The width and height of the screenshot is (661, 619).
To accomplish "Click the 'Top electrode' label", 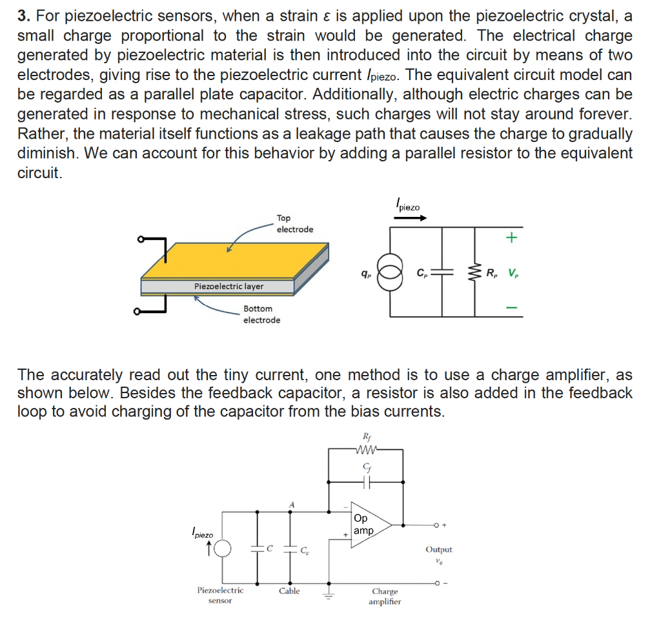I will [x=294, y=224].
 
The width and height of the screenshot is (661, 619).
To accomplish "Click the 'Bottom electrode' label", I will [x=261, y=314].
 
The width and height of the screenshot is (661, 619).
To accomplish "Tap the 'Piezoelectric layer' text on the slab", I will [x=229, y=286].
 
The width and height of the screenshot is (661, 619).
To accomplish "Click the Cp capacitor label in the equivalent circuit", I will [x=423, y=272].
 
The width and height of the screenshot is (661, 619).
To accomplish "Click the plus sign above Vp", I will [x=511, y=238].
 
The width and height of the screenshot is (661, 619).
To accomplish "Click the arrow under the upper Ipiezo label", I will [x=411, y=219].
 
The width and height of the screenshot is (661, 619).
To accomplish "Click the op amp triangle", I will [x=369, y=524].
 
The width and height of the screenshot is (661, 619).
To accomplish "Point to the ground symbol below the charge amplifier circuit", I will [x=330, y=592].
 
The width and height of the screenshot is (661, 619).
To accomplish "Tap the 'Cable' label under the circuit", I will [x=289, y=591].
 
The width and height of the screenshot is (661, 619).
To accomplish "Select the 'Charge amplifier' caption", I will [x=385, y=596].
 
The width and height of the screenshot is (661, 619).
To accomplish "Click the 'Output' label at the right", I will [x=438, y=549].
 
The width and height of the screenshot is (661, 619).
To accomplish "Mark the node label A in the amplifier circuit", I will [x=292, y=503].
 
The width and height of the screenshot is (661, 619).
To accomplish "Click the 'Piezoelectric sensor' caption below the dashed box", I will [x=220, y=595].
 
